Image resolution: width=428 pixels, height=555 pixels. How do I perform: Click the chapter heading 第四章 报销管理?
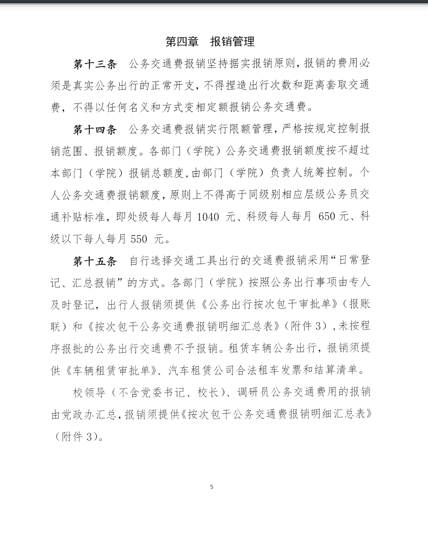[210, 42]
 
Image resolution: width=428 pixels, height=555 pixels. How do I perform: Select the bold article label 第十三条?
[95, 64]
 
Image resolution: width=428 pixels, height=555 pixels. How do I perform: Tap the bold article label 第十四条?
[95, 130]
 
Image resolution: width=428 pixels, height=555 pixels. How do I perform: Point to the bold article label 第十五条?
[95, 261]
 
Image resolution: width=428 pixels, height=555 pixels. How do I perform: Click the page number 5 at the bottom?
[212, 487]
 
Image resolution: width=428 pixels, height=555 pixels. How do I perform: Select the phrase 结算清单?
[341, 371]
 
